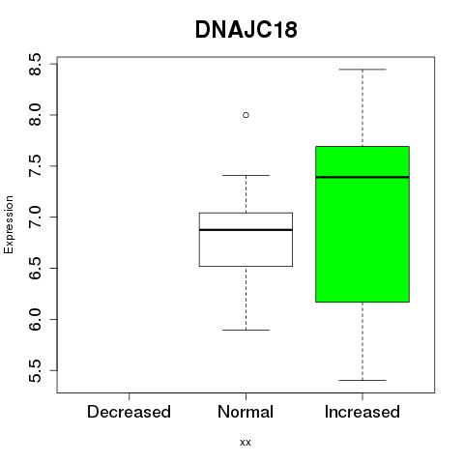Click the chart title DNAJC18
[246, 30]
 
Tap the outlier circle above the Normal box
[246, 115]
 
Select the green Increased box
[362, 224]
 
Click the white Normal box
[246, 240]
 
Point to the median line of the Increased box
[362, 177]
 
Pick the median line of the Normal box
[246, 230]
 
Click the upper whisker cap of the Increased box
[362, 70]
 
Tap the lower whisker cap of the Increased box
[362, 380]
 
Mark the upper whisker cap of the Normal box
[246, 175]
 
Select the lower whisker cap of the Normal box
[246, 330]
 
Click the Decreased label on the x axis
[129, 412]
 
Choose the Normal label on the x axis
[246, 412]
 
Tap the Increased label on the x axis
[362, 412]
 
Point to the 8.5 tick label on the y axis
[35, 64]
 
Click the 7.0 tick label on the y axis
[35, 217]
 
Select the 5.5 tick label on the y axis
[35, 370]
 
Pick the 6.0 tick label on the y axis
[35, 319]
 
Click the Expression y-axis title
[9, 224]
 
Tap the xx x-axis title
[246, 443]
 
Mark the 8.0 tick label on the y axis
[35, 115]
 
